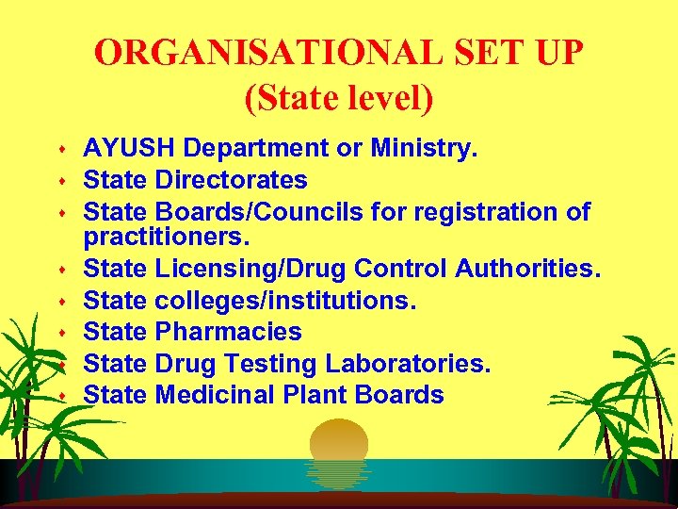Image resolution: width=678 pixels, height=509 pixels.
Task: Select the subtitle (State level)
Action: click(339, 98)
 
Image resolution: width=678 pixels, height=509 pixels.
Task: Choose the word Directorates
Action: click(231, 179)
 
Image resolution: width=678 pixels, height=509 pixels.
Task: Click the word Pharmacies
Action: click(228, 332)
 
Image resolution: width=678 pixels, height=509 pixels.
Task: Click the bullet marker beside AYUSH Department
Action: click(62, 150)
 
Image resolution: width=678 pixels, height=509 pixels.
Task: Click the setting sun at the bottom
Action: click(339, 448)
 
